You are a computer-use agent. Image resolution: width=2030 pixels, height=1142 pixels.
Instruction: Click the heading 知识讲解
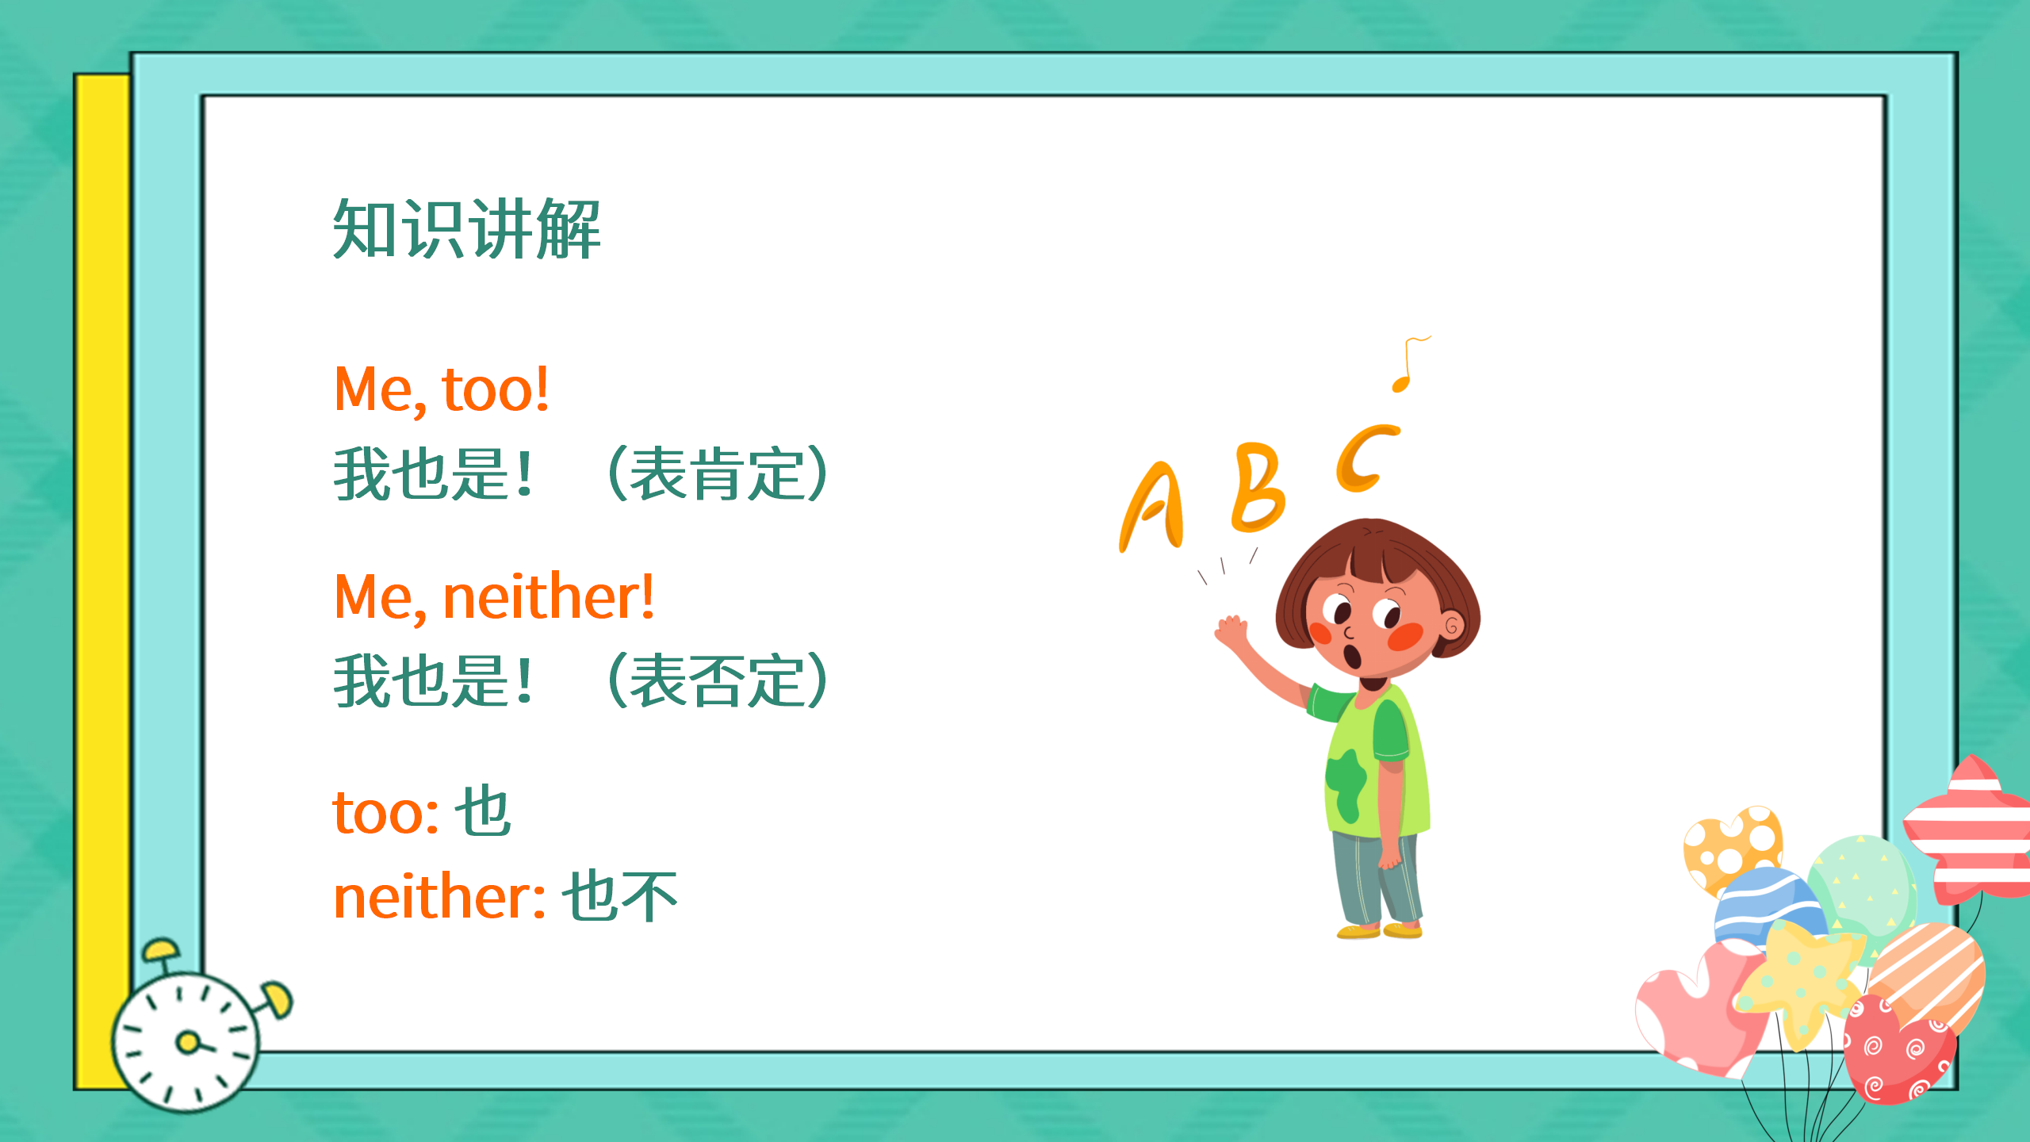(x=466, y=230)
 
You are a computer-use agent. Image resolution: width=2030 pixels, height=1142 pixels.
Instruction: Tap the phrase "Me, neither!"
(x=494, y=596)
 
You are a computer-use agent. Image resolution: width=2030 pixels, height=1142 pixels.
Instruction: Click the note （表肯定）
(x=718, y=474)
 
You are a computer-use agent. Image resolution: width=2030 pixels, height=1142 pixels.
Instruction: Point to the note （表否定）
(x=718, y=680)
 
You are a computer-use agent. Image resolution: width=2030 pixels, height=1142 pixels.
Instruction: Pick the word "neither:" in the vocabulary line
(x=439, y=896)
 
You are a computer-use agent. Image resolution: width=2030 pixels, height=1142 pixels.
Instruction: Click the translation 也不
(x=620, y=896)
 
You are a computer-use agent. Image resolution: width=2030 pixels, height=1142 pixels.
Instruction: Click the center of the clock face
(x=187, y=1042)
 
